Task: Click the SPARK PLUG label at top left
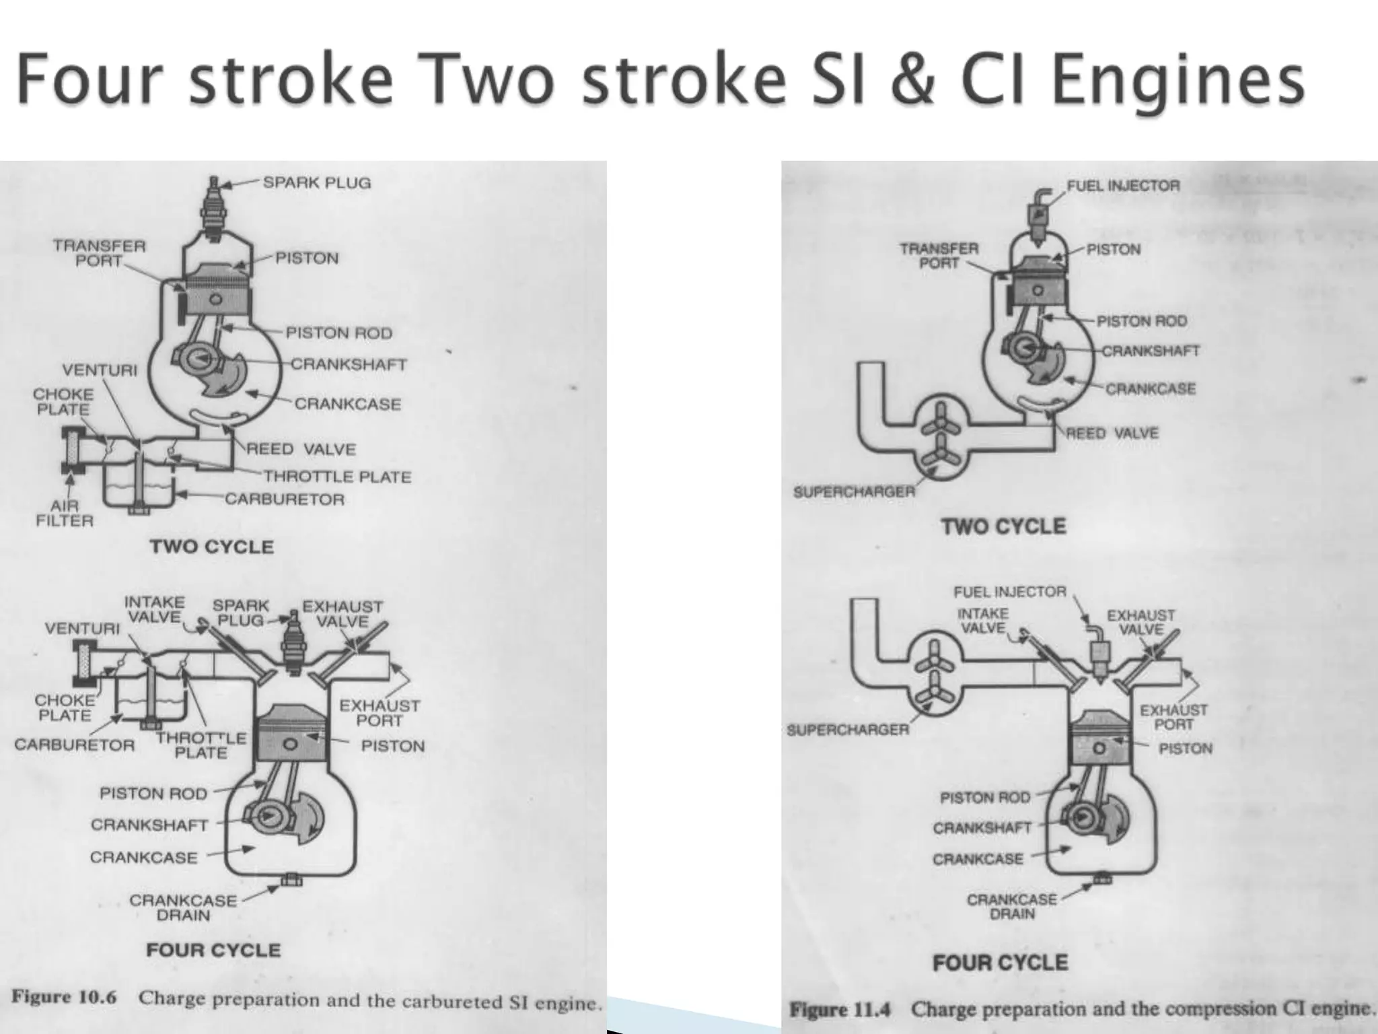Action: click(x=316, y=182)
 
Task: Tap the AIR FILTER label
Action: click(x=64, y=512)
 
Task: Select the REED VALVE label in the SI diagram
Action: click(x=301, y=449)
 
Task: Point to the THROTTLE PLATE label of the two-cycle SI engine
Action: click(x=337, y=477)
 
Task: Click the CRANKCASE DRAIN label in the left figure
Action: click(x=183, y=907)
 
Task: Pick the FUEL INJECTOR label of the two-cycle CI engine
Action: click(x=1123, y=186)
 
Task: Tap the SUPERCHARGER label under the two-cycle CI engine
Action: click(x=854, y=491)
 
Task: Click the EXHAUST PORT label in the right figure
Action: click(x=1173, y=717)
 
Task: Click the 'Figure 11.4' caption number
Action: click(x=840, y=1010)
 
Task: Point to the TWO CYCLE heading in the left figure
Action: click(x=212, y=547)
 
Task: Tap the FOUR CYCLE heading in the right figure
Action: click(x=1000, y=963)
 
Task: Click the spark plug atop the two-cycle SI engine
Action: click(x=215, y=208)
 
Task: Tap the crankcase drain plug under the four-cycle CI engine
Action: click(x=1101, y=878)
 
